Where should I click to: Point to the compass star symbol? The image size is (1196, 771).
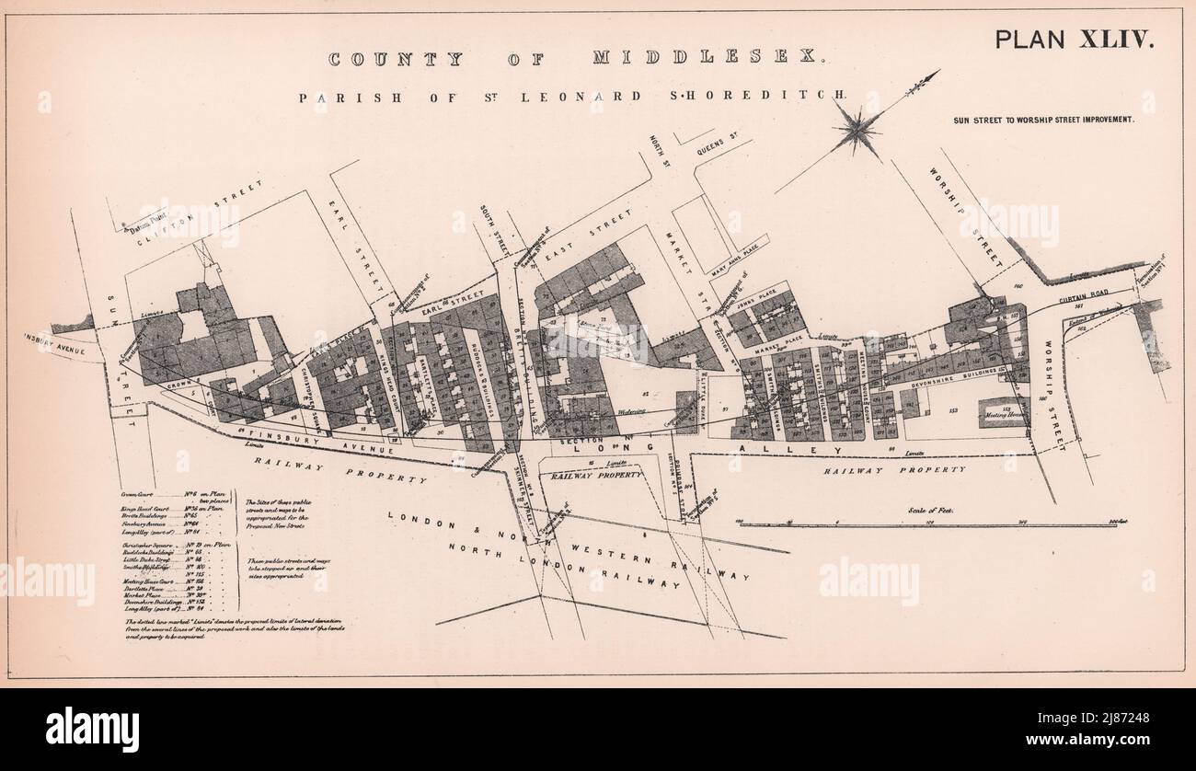(857, 129)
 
